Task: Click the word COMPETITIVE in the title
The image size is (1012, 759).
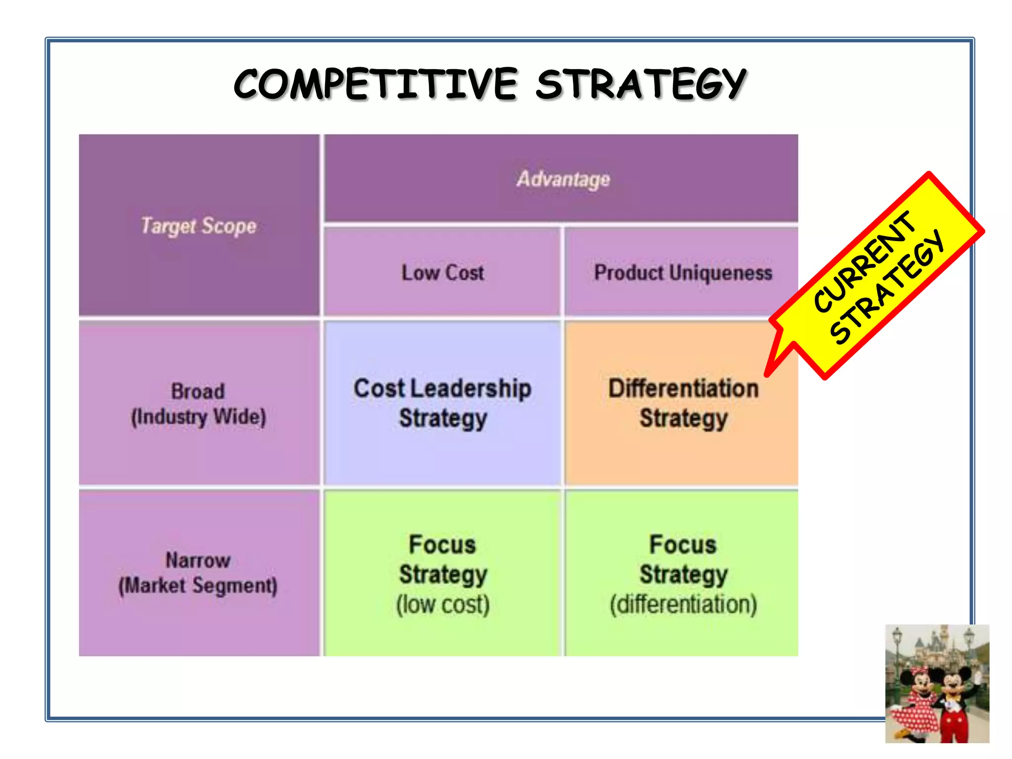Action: pos(376,84)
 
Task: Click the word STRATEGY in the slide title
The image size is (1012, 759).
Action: pos(641,84)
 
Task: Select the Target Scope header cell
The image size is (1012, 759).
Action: pos(199,226)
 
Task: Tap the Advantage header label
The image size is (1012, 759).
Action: pos(563,179)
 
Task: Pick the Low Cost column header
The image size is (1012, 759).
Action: pos(443,273)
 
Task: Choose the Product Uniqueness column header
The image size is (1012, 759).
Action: pos(683,273)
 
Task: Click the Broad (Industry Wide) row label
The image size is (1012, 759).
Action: pos(199,404)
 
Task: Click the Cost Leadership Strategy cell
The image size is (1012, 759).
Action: pos(443,403)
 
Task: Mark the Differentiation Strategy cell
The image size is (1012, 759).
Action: pos(683,403)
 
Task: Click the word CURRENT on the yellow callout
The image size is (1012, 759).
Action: pos(864,262)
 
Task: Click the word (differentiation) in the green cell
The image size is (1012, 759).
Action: pos(683,604)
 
